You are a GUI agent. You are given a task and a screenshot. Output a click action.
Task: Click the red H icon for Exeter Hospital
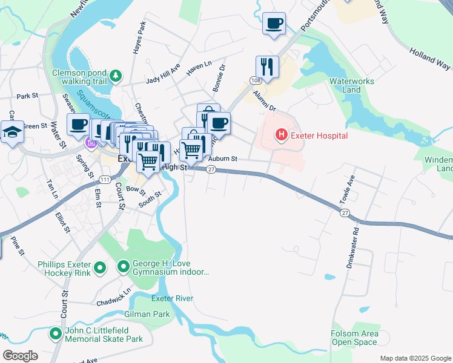(281, 135)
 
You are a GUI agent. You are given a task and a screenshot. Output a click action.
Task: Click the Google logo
(20, 355)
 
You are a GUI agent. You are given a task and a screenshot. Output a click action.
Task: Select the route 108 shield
(254, 80)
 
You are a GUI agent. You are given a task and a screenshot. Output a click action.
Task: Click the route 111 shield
(105, 180)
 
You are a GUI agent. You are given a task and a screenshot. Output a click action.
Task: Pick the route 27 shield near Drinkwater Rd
(345, 213)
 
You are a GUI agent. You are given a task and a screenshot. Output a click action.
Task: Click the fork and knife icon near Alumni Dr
(266, 66)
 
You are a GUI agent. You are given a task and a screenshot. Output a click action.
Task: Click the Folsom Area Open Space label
(355, 338)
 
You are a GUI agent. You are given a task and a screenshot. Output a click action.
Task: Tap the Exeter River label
(172, 298)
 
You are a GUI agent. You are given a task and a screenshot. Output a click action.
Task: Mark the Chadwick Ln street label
(113, 295)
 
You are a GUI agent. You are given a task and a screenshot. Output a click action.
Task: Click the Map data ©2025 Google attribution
(415, 358)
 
